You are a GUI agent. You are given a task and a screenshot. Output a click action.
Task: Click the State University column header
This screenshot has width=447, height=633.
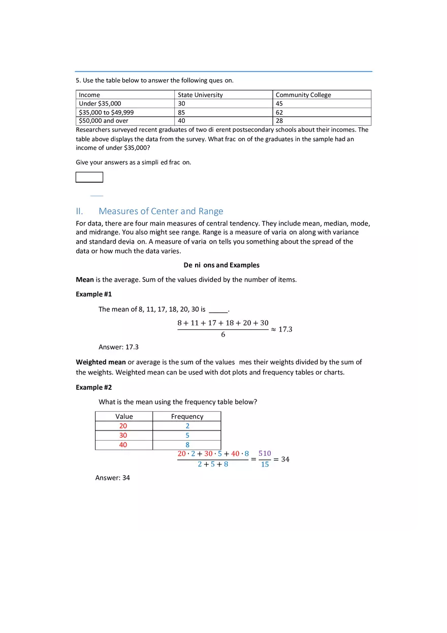[x=200, y=95]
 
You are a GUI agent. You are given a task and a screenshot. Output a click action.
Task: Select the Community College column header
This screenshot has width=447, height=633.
[x=303, y=95]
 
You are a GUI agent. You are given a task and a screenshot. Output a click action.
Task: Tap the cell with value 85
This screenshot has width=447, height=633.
[x=181, y=112]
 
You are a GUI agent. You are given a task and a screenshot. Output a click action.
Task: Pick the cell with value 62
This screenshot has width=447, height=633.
[x=279, y=112]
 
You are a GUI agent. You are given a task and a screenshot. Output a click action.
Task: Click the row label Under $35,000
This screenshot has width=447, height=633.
[x=100, y=104]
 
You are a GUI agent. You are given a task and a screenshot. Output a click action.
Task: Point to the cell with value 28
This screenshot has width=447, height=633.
[x=279, y=121]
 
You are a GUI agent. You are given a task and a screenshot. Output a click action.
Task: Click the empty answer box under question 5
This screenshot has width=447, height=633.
[x=89, y=177]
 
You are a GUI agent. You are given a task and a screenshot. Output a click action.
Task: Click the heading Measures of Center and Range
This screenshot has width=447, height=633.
[x=161, y=211]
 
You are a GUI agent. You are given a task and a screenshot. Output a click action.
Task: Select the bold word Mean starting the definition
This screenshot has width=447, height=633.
[x=85, y=280]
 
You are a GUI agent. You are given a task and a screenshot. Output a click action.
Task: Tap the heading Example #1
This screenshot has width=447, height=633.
[x=93, y=294]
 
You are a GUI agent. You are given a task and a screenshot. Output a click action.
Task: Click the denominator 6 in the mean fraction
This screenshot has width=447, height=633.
[x=223, y=335]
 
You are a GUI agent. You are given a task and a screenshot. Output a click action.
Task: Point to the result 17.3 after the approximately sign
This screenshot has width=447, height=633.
[x=285, y=329]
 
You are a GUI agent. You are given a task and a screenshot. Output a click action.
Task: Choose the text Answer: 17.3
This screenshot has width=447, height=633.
[x=118, y=347]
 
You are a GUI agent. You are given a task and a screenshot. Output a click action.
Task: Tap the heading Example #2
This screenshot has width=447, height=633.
[x=93, y=387]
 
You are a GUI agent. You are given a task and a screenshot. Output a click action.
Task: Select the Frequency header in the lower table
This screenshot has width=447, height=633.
[x=187, y=417]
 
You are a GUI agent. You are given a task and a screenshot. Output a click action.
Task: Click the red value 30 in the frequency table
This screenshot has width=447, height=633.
[x=123, y=436]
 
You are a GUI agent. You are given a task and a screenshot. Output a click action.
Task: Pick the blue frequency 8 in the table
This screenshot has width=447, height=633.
[x=187, y=445]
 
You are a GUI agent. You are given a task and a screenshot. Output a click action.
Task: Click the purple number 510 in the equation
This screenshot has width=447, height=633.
[x=265, y=453]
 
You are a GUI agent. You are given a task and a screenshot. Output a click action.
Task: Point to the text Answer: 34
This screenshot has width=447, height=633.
[x=112, y=478]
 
